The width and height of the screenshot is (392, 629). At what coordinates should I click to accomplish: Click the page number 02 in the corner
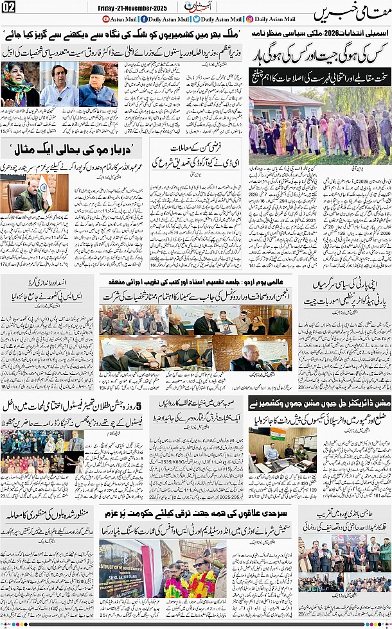tap(11, 8)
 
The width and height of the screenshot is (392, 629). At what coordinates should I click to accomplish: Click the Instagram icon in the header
tap(250, 19)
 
